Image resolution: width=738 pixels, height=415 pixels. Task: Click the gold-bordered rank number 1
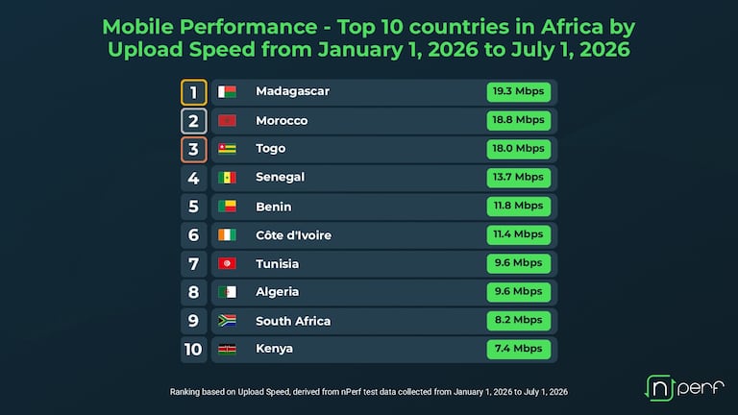click(193, 92)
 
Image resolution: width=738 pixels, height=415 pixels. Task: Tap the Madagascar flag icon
click(227, 92)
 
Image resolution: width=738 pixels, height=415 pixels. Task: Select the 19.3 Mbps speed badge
click(519, 92)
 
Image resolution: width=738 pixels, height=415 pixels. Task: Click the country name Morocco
click(282, 121)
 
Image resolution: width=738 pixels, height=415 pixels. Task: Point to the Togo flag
click(227, 149)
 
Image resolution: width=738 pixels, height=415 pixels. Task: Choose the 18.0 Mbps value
click(519, 149)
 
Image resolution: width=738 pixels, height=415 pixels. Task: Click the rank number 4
click(193, 179)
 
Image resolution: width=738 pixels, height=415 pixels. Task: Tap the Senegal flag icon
click(227, 178)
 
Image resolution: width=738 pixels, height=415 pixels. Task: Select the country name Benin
click(274, 207)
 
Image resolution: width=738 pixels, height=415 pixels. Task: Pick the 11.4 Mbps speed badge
click(519, 234)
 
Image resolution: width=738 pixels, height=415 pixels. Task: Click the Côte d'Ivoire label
click(294, 235)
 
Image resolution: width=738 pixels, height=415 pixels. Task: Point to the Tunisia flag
click(227, 263)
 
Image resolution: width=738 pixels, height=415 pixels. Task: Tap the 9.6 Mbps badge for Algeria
click(519, 292)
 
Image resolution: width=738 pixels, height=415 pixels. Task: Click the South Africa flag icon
click(227, 321)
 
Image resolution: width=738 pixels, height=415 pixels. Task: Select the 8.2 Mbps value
click(519, 321)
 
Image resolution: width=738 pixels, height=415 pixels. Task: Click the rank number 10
click(193, 350)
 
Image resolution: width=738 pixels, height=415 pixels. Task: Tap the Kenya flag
click(227, 349)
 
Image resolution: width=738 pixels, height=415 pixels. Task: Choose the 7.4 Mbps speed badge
click(519, 349)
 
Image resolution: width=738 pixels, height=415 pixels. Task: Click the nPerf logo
click(684, 388)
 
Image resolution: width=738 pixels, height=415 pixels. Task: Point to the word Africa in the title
click(572, 27)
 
